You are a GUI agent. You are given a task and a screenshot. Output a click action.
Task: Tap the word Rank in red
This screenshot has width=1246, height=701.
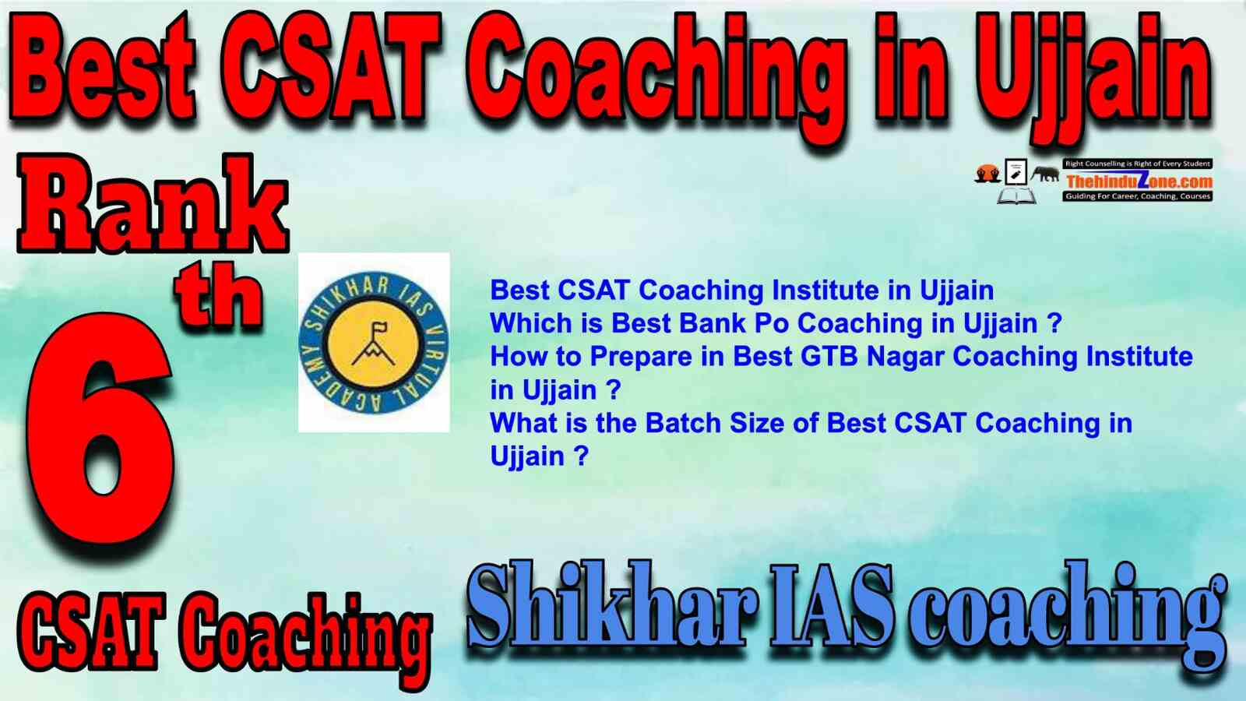coord(153,203)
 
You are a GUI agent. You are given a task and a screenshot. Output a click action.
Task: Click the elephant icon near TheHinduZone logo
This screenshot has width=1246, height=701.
coord(1044,174)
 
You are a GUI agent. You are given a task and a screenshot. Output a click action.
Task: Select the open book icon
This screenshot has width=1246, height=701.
coord(1016,196)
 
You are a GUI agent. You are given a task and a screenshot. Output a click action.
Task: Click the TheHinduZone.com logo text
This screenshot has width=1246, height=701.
coord(1139,181)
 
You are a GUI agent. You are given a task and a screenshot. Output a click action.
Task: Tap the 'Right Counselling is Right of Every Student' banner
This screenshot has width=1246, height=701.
coord(1138,164)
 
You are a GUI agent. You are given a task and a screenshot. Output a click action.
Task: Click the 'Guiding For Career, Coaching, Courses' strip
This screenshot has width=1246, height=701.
coord(1138,196)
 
